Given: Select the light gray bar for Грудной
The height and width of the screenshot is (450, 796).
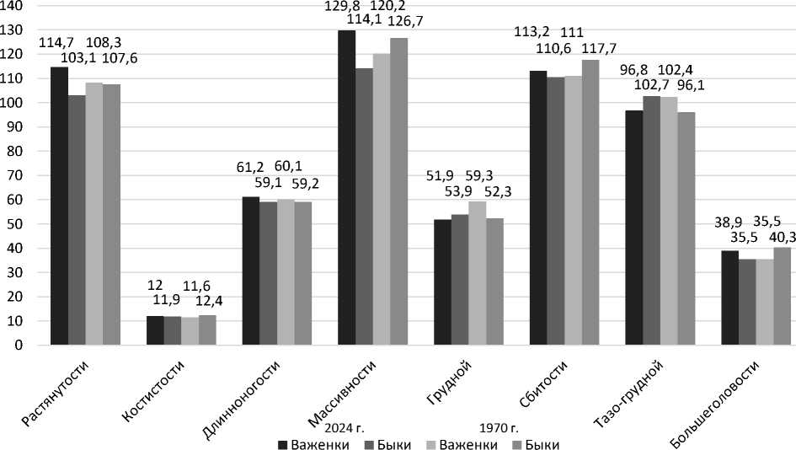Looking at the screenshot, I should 477,273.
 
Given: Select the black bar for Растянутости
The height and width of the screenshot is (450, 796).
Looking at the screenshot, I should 59,206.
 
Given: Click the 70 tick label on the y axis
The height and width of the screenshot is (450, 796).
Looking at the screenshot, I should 17,175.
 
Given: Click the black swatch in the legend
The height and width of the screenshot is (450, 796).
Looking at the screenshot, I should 283,443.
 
